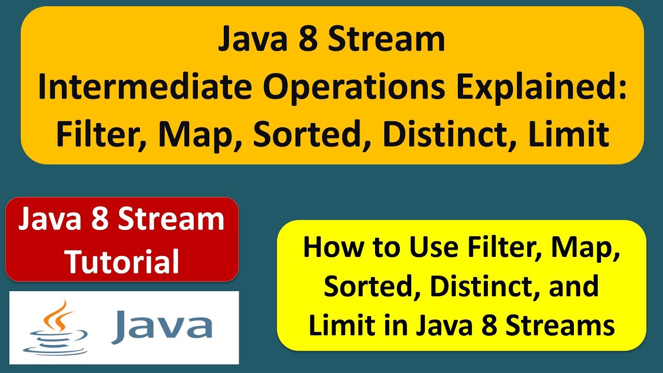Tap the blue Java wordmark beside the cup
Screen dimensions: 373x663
point(162,327)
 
